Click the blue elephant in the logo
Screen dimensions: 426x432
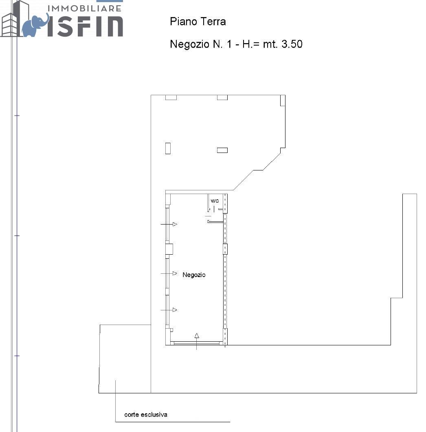tap(35, 25)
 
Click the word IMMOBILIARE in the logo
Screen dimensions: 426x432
tap(84, 8)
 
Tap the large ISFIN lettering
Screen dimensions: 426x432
tap(85, 26)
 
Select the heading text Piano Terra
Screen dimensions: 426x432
tap(198, 22)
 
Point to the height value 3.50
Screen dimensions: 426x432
tap(292, 44)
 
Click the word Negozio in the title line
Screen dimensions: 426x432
tap(189, 44)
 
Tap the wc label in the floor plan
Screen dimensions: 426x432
tap(215, 201)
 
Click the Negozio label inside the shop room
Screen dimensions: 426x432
tap(194, 275)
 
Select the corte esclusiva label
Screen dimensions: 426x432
tap(146, 415)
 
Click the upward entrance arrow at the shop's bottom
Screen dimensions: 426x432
tap(196, 341)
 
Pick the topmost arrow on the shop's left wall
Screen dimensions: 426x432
tap(169, 224)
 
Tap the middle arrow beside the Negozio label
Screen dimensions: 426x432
tap(169, 273)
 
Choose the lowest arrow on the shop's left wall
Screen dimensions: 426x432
tap(169, 310)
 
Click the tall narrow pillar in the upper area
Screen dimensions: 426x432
tap(168, 148)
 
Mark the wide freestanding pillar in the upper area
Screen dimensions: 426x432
tap(222, 150)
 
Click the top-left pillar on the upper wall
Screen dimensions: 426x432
tap(171, 97)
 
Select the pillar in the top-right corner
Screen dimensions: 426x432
tap(283, 100)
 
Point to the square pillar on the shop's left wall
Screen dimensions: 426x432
tap(169, 249)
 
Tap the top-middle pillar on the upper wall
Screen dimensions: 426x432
tap(222, 97)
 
